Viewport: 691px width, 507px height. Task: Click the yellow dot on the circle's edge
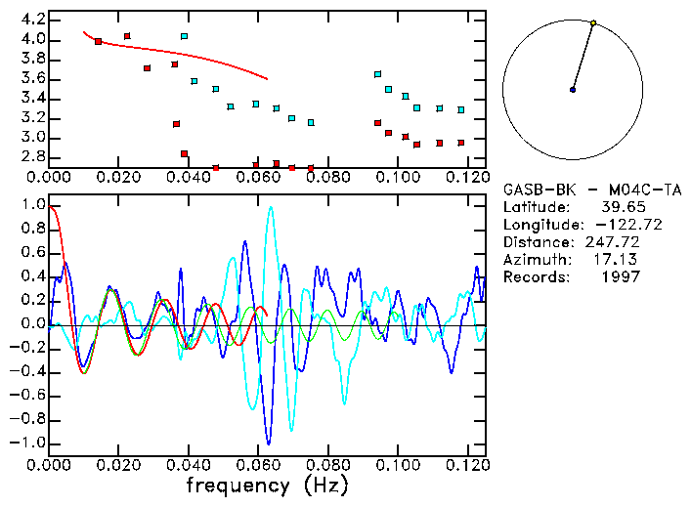click(x=593, y=22)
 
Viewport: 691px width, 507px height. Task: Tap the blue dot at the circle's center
click(x=573, y=90)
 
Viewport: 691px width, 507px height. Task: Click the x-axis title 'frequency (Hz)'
click(x=267, y=485)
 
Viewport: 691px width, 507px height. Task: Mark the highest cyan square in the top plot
click(x=184, y=37)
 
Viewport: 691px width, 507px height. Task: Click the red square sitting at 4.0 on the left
click(x=98, y=41)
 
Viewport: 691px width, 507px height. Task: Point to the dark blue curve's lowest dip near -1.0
click(x=268, y=443)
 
